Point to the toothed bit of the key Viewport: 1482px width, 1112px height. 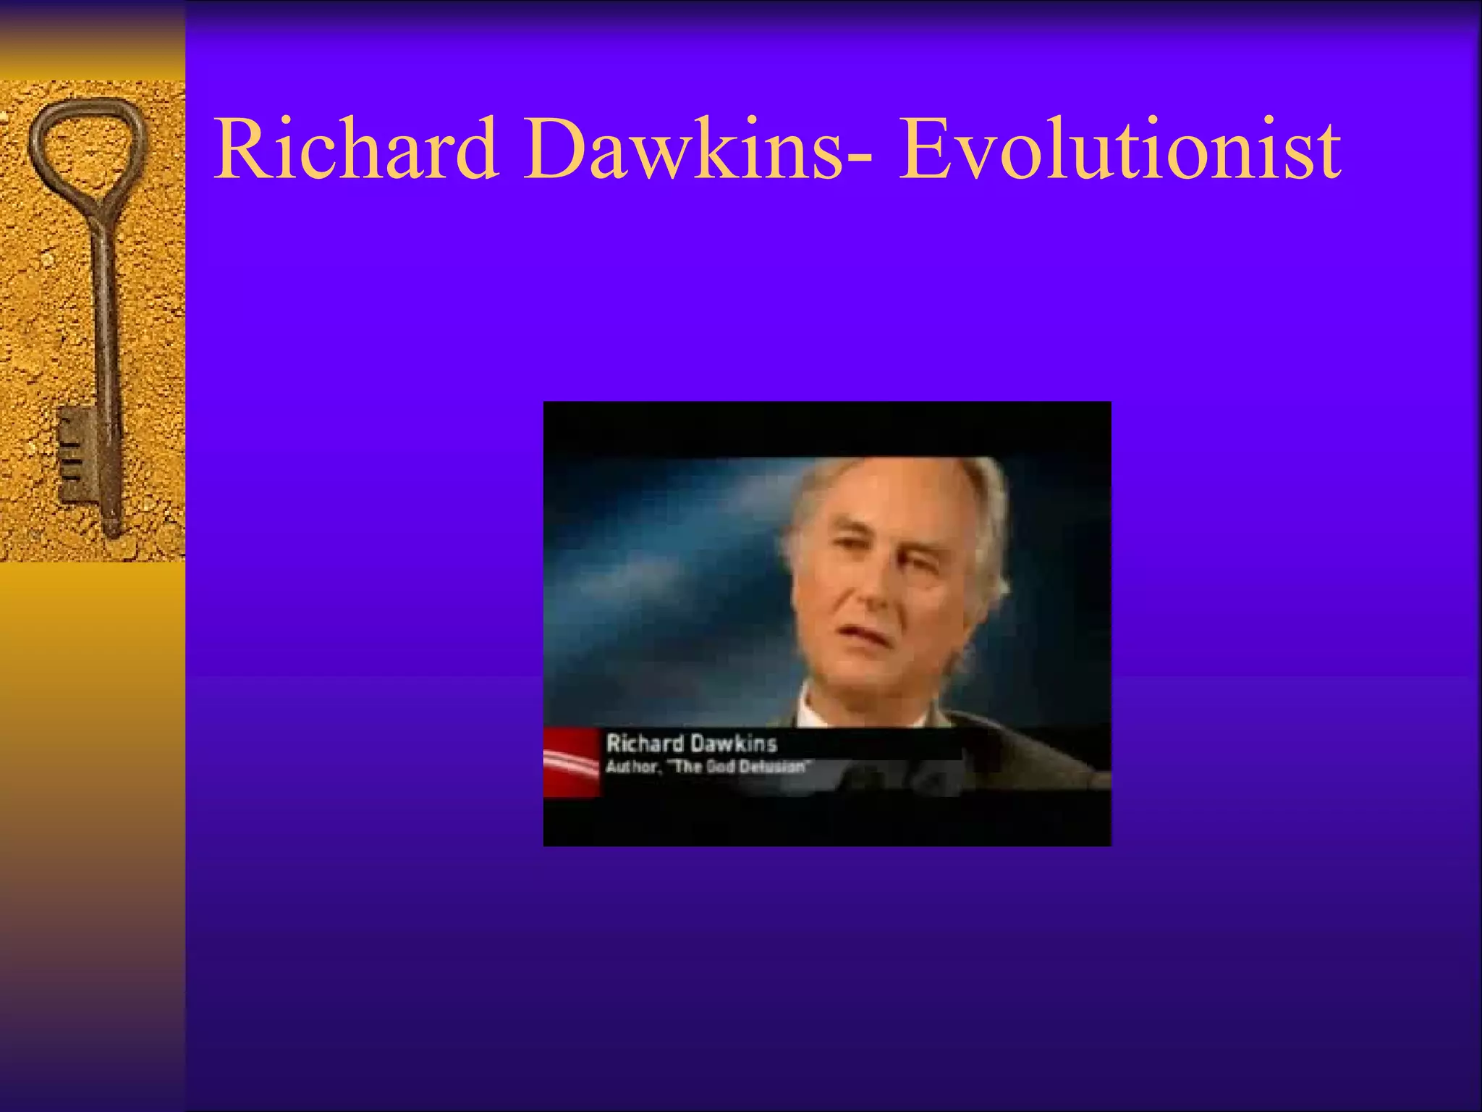tap(77, 452)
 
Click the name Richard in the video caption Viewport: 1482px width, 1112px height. tap(644, 744)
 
